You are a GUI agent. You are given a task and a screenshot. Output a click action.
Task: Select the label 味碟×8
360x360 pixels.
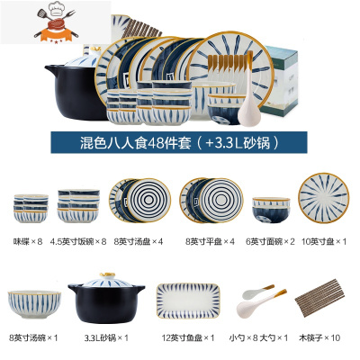29,240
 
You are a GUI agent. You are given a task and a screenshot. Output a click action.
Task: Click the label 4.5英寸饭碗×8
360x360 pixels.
78,240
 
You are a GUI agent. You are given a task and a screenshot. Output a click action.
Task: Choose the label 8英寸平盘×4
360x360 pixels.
202,240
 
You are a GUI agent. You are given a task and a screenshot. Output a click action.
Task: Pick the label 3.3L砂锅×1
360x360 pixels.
105,338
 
